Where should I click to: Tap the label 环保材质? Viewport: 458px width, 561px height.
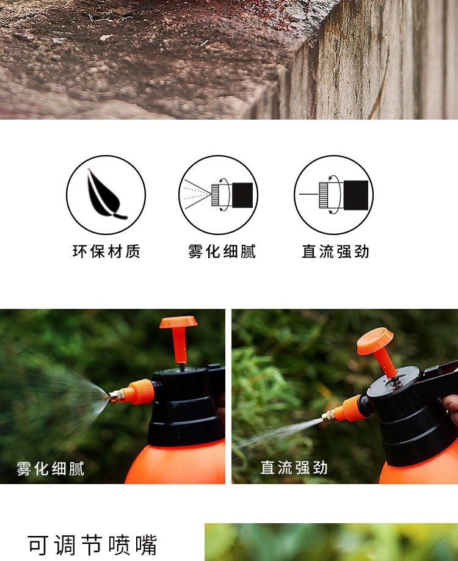pyautogui.click(x=106, y=252)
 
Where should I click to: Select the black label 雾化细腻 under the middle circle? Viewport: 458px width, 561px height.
pyautogui.click(x=222, y=252)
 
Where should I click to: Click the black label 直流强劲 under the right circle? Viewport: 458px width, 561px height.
pyautogui.click(x=335, y=252)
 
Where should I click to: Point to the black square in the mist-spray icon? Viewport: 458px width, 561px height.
pyautogui.click(x=242, y=195)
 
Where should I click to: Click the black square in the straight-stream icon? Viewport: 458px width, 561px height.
pyautogui.click(x=356, y=195)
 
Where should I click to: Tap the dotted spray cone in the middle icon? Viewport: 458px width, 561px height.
pyautogui.click(x=196, y=194)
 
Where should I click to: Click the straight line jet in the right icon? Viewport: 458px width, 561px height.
pyautogui.click(x=308, y=194)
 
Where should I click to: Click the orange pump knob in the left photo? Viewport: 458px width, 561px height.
pyautogui.click(x=178, y=339)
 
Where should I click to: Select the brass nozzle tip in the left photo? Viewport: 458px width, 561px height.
pyautogui.click(x=115, y=396)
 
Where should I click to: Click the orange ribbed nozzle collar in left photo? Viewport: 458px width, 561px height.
pyautogui.click(x=141, y=391)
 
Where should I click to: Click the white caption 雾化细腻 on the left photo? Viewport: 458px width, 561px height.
pyautogui.click(x=51, y=469)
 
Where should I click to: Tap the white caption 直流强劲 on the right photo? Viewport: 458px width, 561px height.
pyautogui.click(x=294, y=468)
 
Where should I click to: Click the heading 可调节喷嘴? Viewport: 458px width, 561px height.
pyautogui.click(x=92, y=545)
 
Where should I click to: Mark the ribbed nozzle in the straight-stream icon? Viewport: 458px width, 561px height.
pyautogui.click(x=324, y=195)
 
